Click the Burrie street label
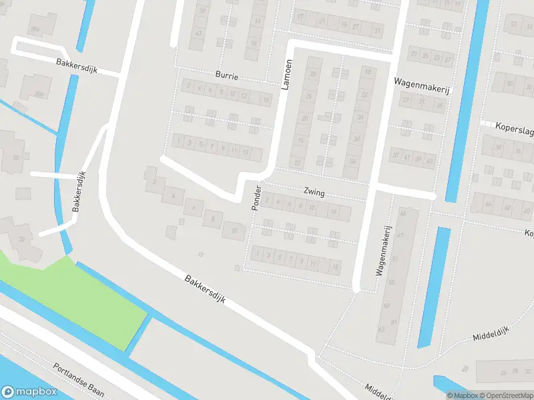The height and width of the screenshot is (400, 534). (227, 76)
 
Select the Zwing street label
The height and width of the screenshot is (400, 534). (314, 193)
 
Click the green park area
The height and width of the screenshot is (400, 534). (80, 293)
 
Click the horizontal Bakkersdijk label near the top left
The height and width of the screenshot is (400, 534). (76, 66)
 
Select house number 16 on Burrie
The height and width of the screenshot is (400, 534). (265, 99)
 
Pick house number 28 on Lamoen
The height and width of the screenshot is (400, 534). (312, 73)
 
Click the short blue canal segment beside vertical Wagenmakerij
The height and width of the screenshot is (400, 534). (434, 287)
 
